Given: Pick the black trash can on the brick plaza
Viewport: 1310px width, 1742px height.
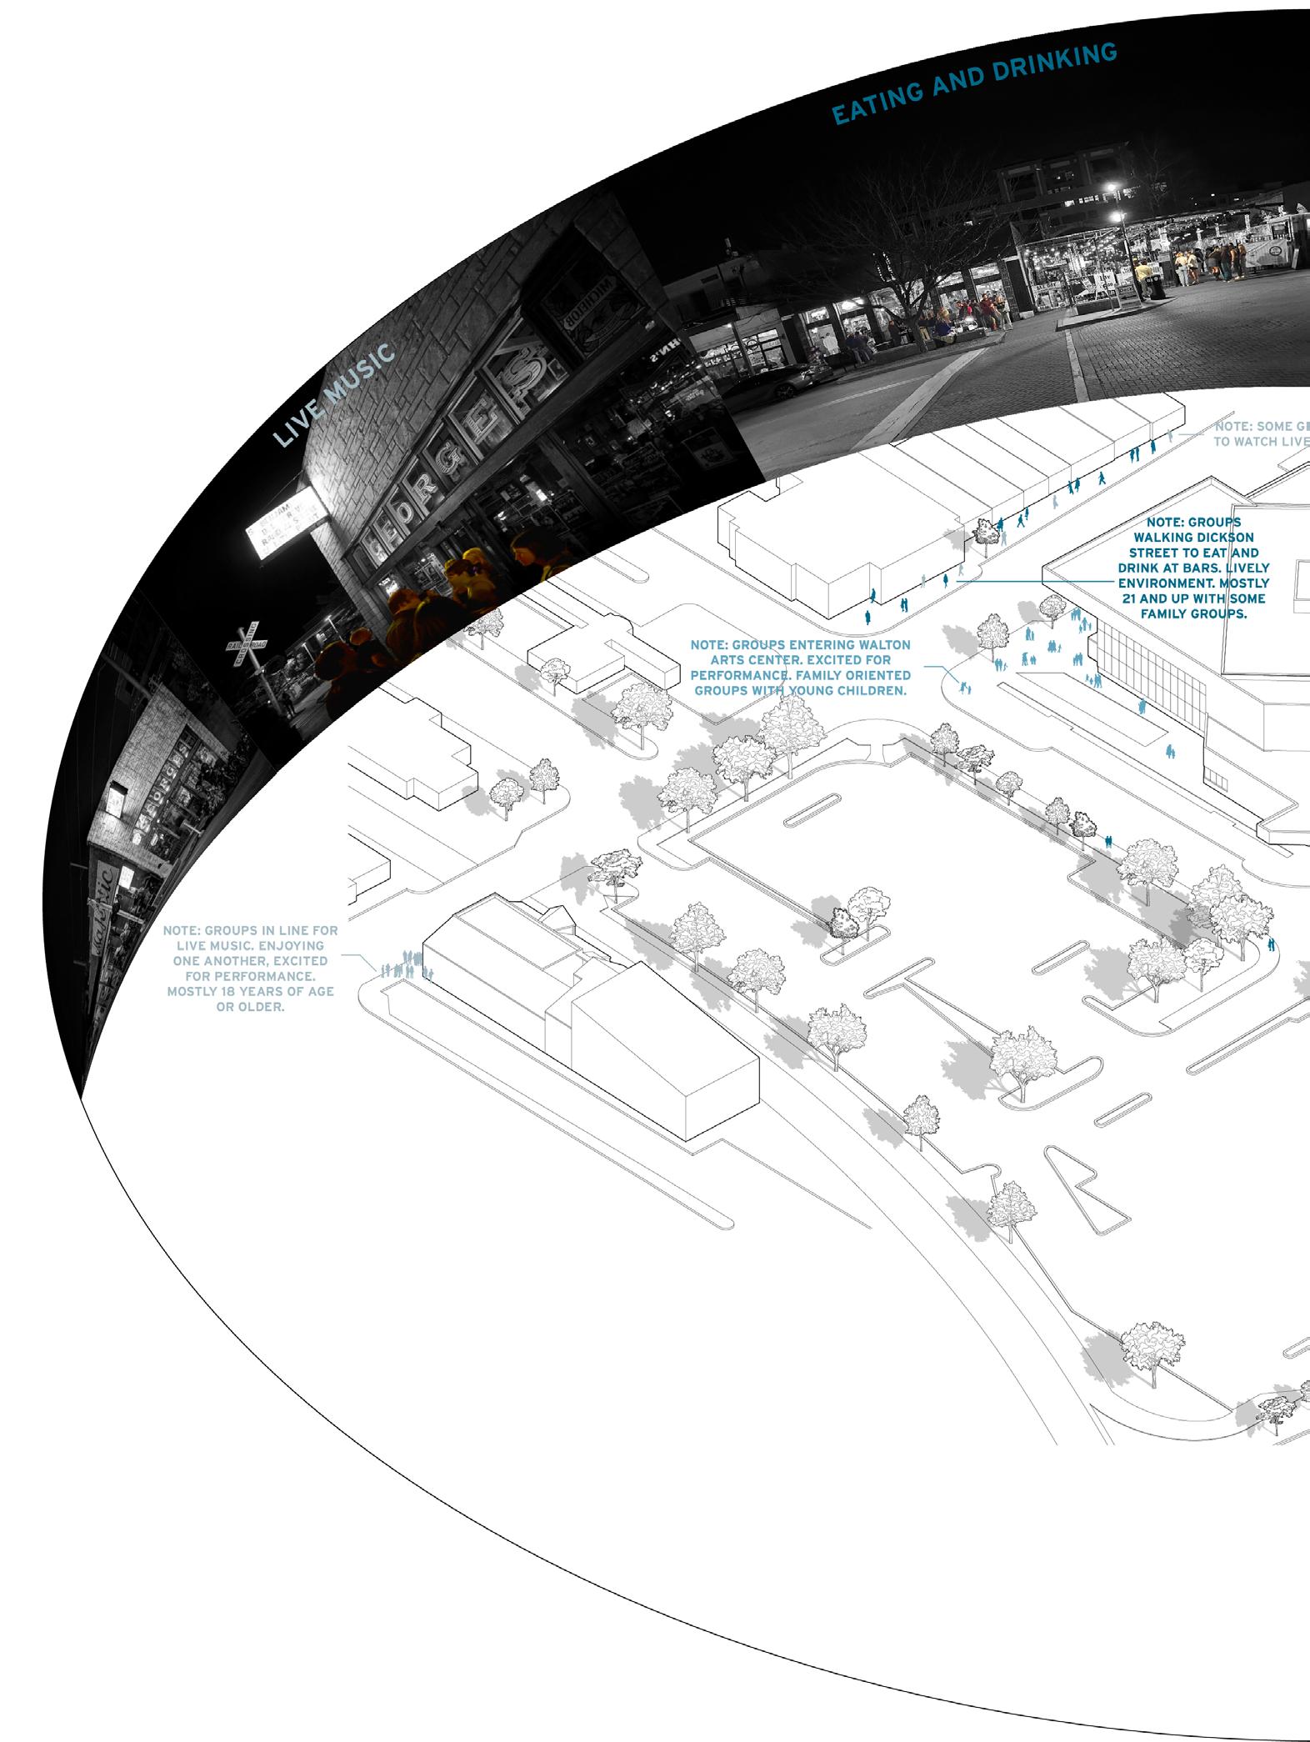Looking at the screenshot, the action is coord(1153,288).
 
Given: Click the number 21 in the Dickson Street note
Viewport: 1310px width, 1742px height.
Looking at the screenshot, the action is coord(1132,598).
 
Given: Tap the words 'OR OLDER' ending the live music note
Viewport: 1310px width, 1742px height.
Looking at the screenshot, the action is coord(250,1007).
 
